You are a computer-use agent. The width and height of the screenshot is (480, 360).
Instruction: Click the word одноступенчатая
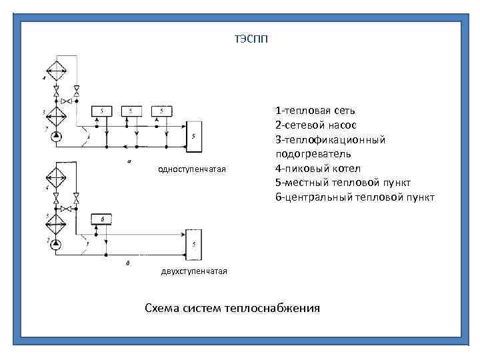[x=192, y=169]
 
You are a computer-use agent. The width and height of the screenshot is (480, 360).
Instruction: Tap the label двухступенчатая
[x=194, y=271]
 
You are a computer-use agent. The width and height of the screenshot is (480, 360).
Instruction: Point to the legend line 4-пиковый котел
[x=317, y=168]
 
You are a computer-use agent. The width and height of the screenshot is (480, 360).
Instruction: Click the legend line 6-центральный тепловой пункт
[x=355, y=197]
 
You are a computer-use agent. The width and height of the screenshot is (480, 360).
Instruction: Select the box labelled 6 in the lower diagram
[x=102, y=219]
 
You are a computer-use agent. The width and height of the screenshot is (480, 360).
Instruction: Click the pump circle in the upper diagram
[x=55, y=137]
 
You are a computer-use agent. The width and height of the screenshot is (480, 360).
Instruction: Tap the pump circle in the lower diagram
[x=55, y=245]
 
